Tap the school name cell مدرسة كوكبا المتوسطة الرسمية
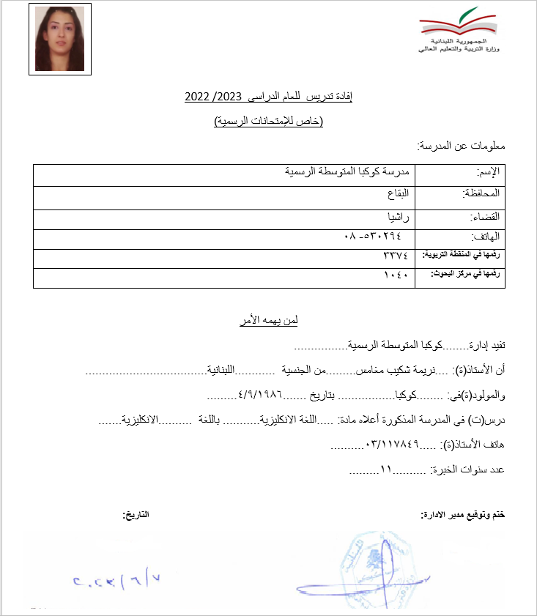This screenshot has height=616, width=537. (349, 172)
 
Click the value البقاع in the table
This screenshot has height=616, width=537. (399, 194)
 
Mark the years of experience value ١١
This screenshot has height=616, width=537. (386, 470)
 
